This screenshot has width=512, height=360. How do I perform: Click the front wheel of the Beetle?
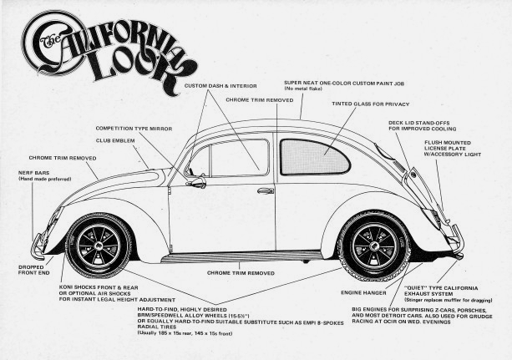click(99, 245)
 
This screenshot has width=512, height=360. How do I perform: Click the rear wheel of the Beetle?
click(374, 245)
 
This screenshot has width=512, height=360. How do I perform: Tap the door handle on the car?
click(266, 190)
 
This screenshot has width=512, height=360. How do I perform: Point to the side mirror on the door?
click(197, 181)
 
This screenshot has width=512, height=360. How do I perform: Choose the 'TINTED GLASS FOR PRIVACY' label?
click(371, 104)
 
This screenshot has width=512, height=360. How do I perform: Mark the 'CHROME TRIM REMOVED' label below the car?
click(242, 272)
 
